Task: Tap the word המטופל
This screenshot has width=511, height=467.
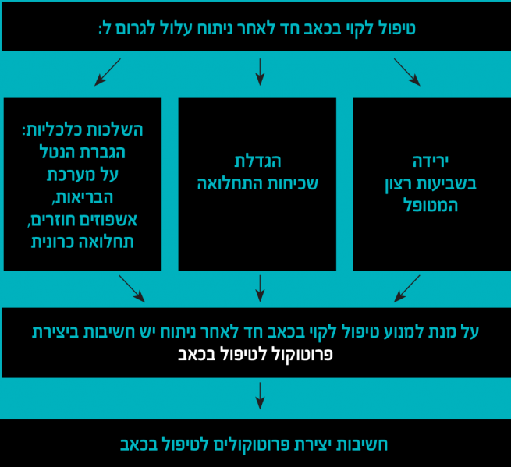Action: [423, 207]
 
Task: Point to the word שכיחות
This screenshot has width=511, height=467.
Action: [292, 184]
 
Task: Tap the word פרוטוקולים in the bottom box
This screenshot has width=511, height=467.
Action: [226, 444]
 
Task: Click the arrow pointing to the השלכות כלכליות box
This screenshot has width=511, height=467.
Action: [107, 71]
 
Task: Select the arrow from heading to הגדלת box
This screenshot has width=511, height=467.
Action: [260, 71]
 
